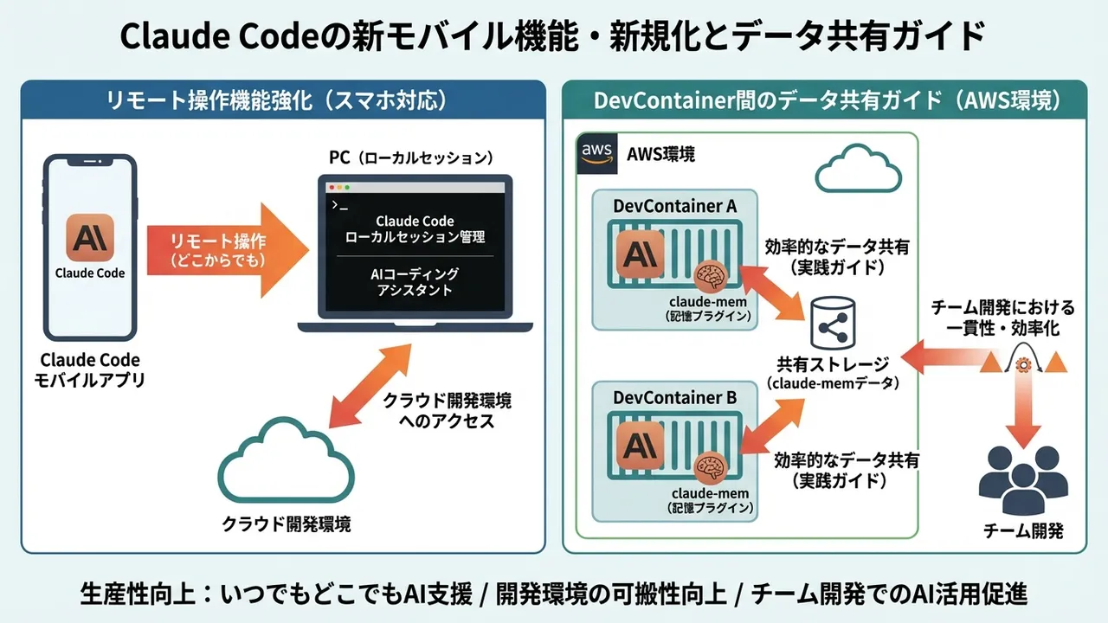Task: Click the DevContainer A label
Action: [674, 206]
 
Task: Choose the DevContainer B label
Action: [674, 398]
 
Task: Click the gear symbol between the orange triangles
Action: [1023, 364]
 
